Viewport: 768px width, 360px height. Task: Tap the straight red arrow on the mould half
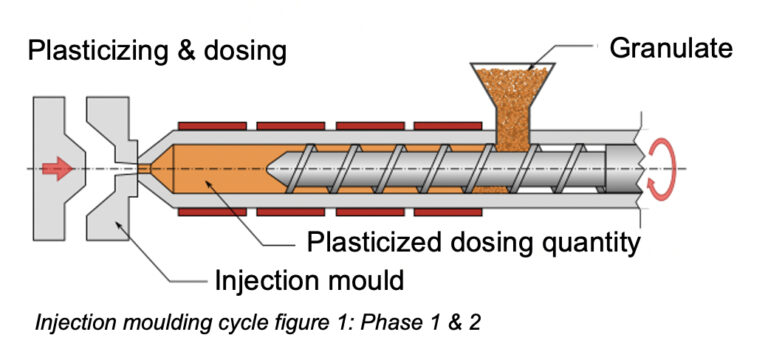(58, 169)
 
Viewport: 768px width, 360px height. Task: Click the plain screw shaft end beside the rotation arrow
(621, 169)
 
